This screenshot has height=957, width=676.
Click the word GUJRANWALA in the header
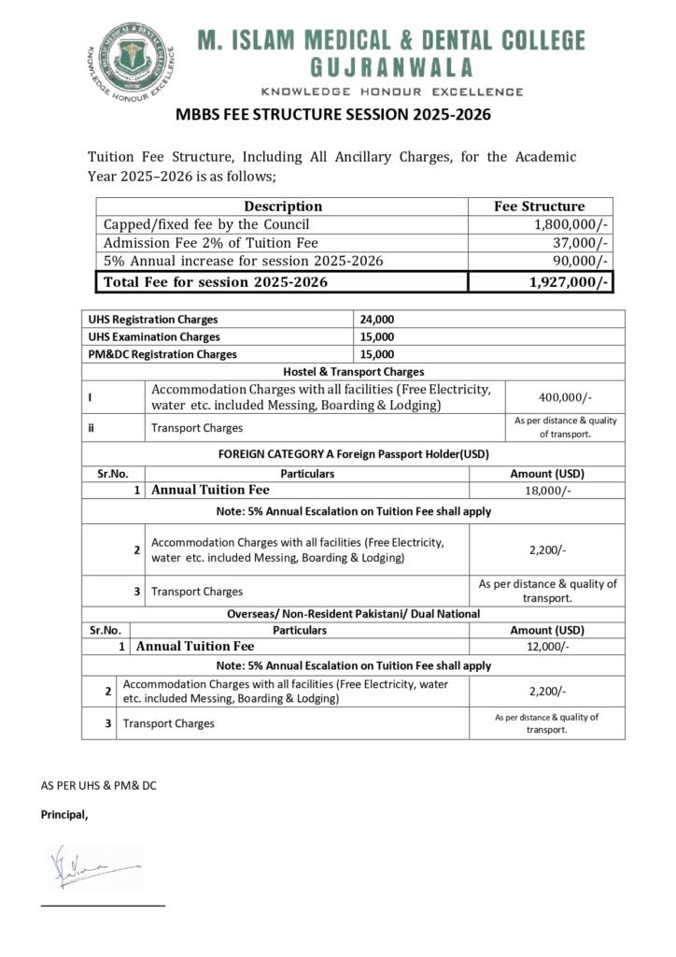point(391,67)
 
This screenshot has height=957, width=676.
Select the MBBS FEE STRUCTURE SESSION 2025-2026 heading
point(333,116)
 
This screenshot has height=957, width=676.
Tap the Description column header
point(283,207)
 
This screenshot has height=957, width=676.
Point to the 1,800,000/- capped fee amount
point(571,224)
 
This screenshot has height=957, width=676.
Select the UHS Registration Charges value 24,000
point(377,320)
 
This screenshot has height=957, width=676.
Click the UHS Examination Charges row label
point(154,336)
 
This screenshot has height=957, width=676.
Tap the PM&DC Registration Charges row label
point(162,354)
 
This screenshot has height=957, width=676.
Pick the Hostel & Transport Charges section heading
point(353,372)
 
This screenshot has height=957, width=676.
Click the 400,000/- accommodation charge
point(564,397)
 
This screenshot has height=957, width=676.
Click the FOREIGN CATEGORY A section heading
point(353,454)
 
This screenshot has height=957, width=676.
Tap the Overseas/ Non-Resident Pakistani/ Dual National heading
point(353,613)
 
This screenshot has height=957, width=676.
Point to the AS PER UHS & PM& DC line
point(98,786)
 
